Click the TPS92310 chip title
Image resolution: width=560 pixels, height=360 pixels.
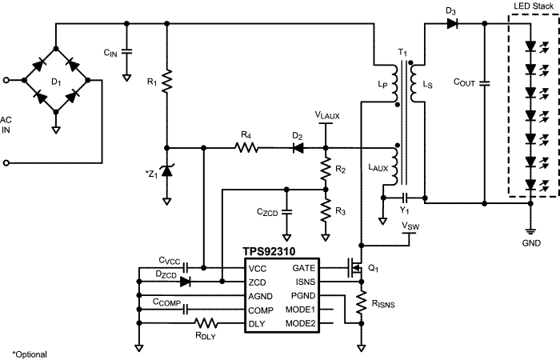pyautogui.click(x=269, y=251)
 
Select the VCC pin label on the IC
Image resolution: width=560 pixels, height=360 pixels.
pyautogui.click(x=258, y=269)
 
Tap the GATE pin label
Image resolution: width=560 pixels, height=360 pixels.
pyautogui.click(x=304, y=268)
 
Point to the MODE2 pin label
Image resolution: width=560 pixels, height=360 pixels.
pyautogui.click(x=301, y=323)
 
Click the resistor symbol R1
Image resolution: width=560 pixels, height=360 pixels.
pyautogui.click(x=166, y=82)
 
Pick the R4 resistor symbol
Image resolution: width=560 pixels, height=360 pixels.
pyautogui.click(x=246, y=147)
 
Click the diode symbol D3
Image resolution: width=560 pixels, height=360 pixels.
pyautogui.click(x=452, y=23)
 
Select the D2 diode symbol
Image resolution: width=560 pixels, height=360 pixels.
pyautogui.click(x=298, y=147)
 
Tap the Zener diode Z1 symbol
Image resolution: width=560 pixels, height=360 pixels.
pyautogui.click(x=166, y=171)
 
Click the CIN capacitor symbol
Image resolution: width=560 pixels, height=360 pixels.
pyautogui.click(x=126, y=52)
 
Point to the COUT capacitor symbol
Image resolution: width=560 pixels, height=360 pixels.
pyautogui.click(x=485, y=83)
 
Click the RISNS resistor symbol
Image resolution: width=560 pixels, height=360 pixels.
pyautogui.click(x=362, y=302)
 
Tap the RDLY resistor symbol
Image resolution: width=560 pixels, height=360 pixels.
pyautogui.click(x=206, y=323)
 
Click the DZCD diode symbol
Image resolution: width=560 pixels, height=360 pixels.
pyautogui.click(x=185, y=282)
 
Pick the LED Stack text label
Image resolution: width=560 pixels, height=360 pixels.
pyautogui.click(x=534, y=6)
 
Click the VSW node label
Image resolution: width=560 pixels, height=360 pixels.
pyautogui.click(x=410, y=226)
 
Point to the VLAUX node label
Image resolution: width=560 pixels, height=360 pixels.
pyautogui.click(x=327, y=115)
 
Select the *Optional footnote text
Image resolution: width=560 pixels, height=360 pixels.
pyautogui.click(x=30, y=354)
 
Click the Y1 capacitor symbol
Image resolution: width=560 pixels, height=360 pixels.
pyautogui.click(x=405, y=198)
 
